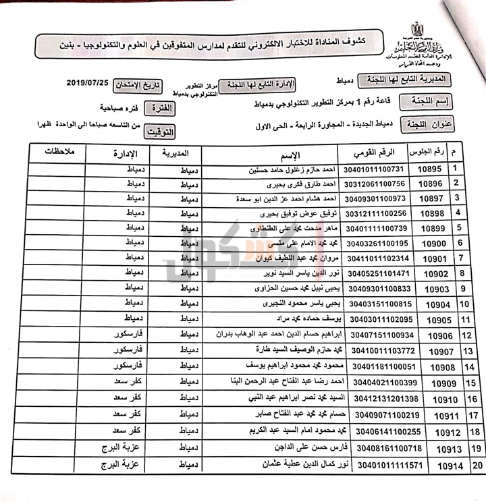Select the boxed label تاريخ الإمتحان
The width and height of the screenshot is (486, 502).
(x=139, y=84)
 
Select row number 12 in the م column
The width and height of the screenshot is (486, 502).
(x=464, y=335)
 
